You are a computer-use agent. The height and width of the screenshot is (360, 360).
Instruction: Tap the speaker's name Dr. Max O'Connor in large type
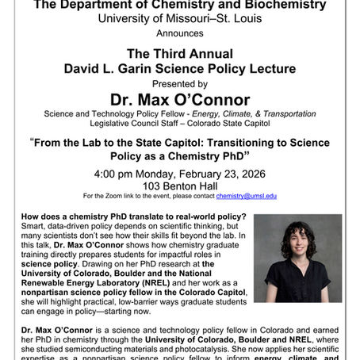[179, 100]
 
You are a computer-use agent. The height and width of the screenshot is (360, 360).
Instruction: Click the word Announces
[179, 34]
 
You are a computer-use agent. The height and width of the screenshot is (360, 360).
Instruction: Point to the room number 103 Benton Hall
[179, 184]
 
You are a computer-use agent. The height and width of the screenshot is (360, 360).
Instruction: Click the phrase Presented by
[179, 82]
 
